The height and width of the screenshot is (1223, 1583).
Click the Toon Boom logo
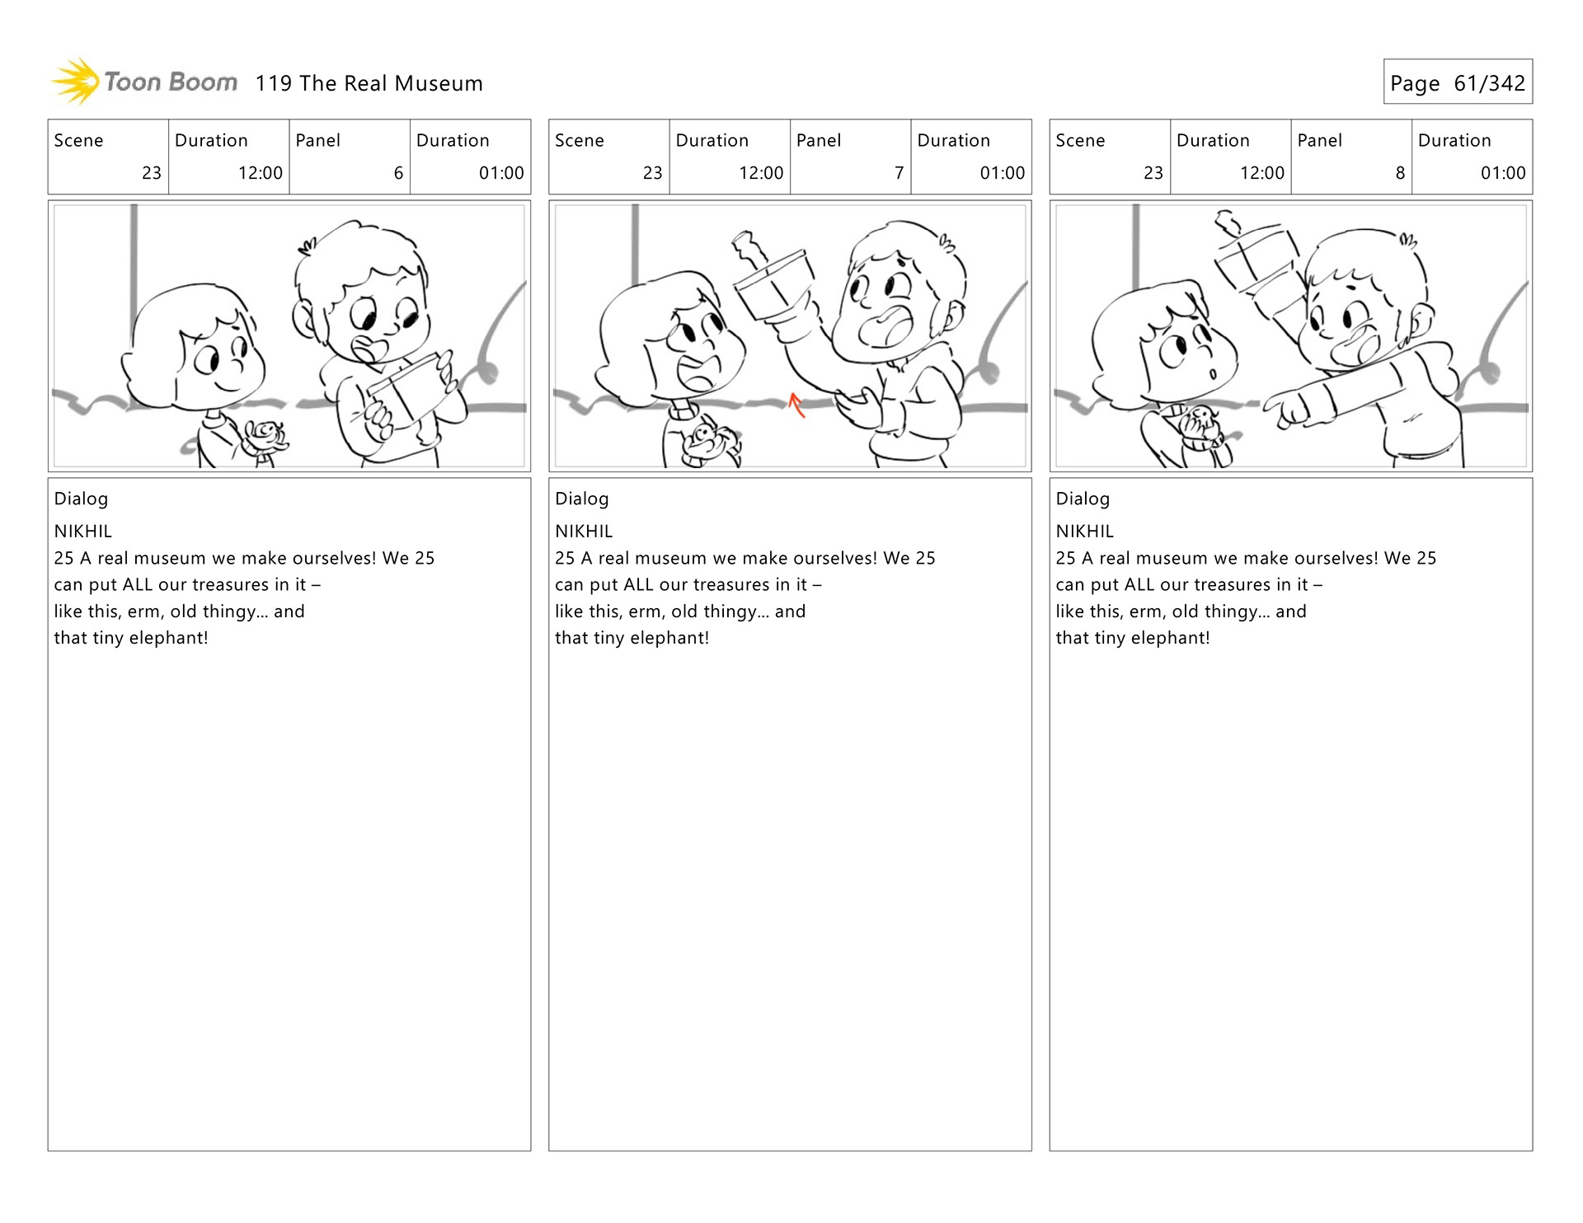[144, 82]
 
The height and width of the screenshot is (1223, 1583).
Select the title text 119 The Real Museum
[369, 83]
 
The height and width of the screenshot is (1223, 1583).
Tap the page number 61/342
[1489, 83]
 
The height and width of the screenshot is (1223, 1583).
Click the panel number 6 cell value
[398, 173]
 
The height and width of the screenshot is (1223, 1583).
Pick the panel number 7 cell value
[899, 173]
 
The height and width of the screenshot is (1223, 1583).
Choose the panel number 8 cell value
[1400, 173]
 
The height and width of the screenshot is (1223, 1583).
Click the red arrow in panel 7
[796, 405]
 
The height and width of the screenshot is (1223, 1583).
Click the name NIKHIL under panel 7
[584, 532]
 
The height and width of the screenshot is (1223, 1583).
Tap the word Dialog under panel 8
[1083, 499]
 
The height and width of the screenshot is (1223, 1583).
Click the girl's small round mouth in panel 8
[1213, 375]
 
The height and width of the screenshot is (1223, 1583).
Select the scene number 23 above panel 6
[152, 173]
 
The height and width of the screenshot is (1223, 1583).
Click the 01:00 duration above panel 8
[1503, 173]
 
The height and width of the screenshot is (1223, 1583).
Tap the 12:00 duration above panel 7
[761, 173]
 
